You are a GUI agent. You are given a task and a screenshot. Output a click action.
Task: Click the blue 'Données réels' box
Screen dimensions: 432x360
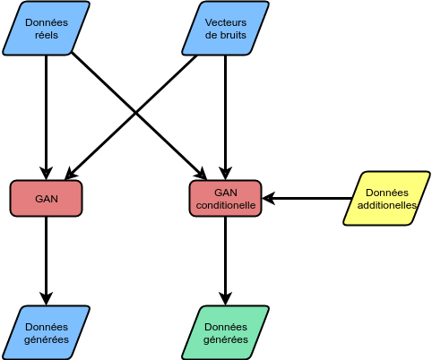pyautogui.click(x=47, y=29)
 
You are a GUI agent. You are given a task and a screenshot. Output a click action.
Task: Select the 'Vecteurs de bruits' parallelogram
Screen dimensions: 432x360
pyautogui.click(x=226, y=29)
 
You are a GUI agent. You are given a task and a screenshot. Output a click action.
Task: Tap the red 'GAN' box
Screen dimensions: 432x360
pyautogui.click(x=47, y=199)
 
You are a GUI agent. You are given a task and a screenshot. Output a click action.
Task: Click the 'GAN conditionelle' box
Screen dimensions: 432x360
pyautogui.click(x=226, y=199)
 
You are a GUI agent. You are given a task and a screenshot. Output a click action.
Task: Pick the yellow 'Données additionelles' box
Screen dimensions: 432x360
pyautogui.click(x=387, y=199)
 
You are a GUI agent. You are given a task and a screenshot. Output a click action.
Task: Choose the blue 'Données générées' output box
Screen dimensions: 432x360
pyautogui.click(x=47, y=333)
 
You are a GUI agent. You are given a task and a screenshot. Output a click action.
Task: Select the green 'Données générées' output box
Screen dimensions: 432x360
pyautogui.click(x=226, y=333)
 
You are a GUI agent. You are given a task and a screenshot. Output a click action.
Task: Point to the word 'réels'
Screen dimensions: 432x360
pyautogui.click(x=47, y=35)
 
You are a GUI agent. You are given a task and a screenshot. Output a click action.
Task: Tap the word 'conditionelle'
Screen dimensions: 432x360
pyautogui.click(x=226, y=205)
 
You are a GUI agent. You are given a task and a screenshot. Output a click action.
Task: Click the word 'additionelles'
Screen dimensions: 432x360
pyautogui.click(x=387, y=205)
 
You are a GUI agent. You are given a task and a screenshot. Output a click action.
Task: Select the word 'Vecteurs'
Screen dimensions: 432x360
pyautogui.click(x=226, y=22)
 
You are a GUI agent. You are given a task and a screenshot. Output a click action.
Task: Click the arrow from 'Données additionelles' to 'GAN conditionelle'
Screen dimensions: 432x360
pyautogui.click(x=307, y=199)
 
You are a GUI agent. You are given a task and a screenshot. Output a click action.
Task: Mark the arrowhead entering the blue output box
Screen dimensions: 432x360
pyautogui.click(x=47, y=299)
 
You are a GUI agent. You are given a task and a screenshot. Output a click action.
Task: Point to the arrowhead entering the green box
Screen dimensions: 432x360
pyautogui.click(x=226, y=299)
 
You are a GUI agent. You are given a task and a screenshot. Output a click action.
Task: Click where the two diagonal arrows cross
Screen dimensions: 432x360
pyautogui.click(x=136, y=114)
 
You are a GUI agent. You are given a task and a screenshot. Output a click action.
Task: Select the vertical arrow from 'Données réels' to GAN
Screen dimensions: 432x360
pyautogui.click(x=47, y=117)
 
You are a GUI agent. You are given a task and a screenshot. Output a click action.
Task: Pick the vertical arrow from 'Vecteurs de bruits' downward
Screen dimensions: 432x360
pyautogui.click(x=226, y=117)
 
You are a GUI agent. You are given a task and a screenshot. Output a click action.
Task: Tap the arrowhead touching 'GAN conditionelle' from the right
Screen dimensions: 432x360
pyautogui.click(x=268, y=199)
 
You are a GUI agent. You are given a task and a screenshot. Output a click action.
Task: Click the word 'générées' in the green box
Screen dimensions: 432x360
pyautogui.click(x=226, y=339)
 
